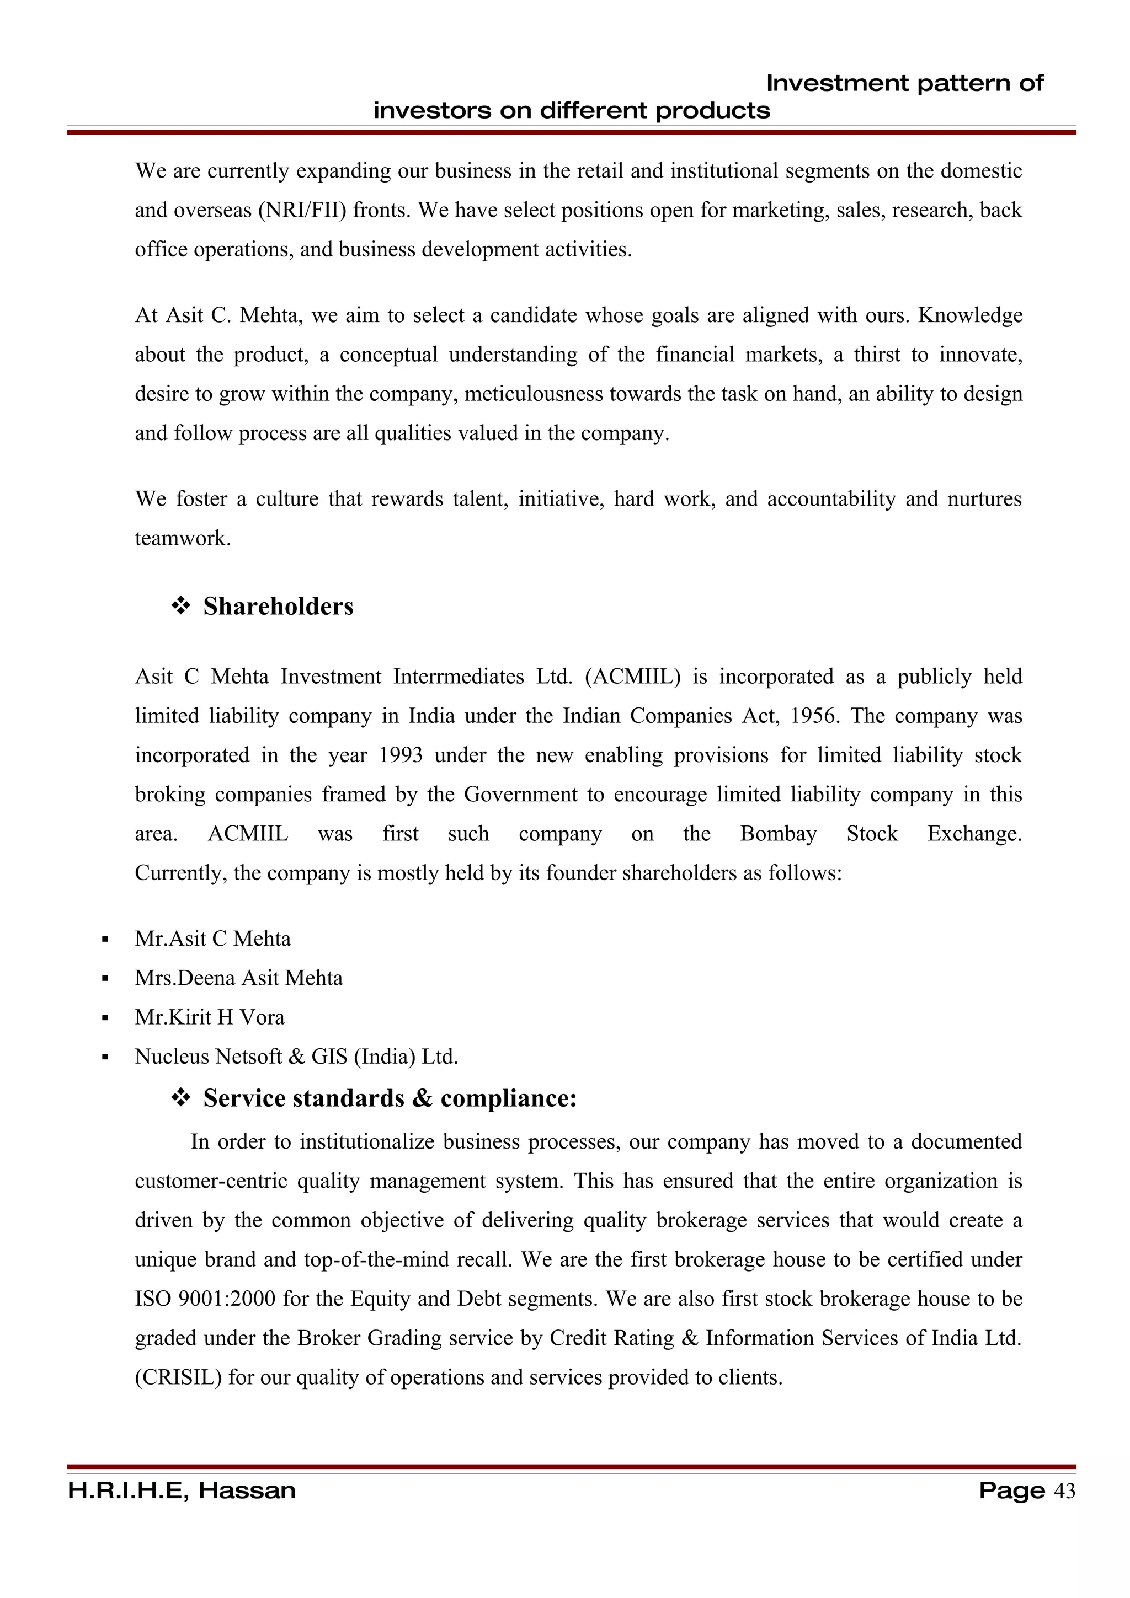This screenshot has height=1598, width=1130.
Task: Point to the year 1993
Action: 401,755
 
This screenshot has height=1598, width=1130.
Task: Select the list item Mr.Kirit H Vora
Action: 210,1017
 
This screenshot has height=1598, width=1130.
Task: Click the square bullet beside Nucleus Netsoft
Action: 105,1057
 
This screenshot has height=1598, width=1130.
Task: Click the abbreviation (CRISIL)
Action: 178,1377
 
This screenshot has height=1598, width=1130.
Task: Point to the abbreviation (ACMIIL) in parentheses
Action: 632,677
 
